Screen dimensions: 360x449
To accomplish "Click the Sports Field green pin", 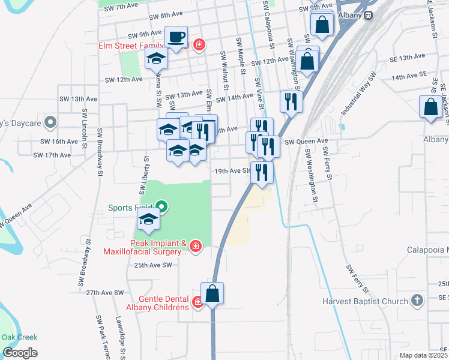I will pyautogui.click(x=161, y=208).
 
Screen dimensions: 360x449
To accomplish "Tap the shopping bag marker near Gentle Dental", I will pyautogui.click(x=212, y=293).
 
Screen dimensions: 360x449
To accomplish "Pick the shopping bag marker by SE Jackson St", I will pyautogui.click(x=431, y=108).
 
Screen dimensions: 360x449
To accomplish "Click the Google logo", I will pyautogui.click(x=19, y=352).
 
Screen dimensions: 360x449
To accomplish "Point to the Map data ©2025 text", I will pyautogui.click(x=423, y=355).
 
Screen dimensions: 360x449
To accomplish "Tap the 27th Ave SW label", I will pyautogui.click(x=104, y=293).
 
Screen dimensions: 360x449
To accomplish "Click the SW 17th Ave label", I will pyautogui.click(x=52, y=155).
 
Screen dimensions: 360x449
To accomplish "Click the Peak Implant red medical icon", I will pyautogui.click(x=194, y=245).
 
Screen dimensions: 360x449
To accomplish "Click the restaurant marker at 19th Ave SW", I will pyautogui.click(x=262, y=172).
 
